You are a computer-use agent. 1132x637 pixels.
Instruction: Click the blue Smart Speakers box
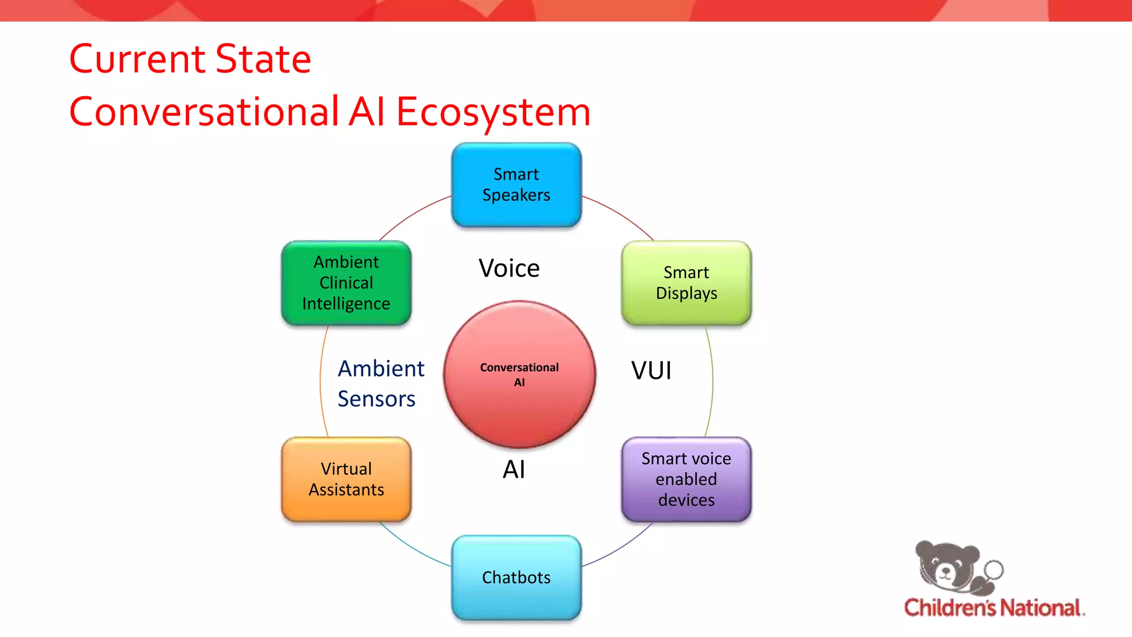[x=516, y=185]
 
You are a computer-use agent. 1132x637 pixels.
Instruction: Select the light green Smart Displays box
[x=686, y=283]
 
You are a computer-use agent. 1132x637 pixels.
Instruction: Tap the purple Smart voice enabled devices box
[x=686, y=479]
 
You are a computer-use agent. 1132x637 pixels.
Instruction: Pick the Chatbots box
[x=516, y=577]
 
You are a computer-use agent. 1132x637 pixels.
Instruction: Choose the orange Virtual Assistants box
[x=347, y=479]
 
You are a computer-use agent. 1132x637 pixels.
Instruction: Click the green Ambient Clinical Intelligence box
[x=347, y=283]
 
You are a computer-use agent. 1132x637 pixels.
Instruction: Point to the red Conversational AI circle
[x=520, y=375]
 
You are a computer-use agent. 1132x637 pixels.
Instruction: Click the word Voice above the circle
[x=509, y=268]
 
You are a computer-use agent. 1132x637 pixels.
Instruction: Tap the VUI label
[x=651, y=370]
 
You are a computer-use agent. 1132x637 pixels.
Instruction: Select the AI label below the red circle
[x=513, y=469]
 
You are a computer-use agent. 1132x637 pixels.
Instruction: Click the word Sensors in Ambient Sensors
[x=376, y=399]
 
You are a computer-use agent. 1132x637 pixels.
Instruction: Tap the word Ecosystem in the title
[x=493, y=112]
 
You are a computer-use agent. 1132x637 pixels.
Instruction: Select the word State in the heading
[x=263, y=59]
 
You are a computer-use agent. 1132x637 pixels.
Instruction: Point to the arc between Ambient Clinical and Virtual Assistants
[x=321, y=382]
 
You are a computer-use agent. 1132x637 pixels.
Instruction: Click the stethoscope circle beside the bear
[x=994, y=569]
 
